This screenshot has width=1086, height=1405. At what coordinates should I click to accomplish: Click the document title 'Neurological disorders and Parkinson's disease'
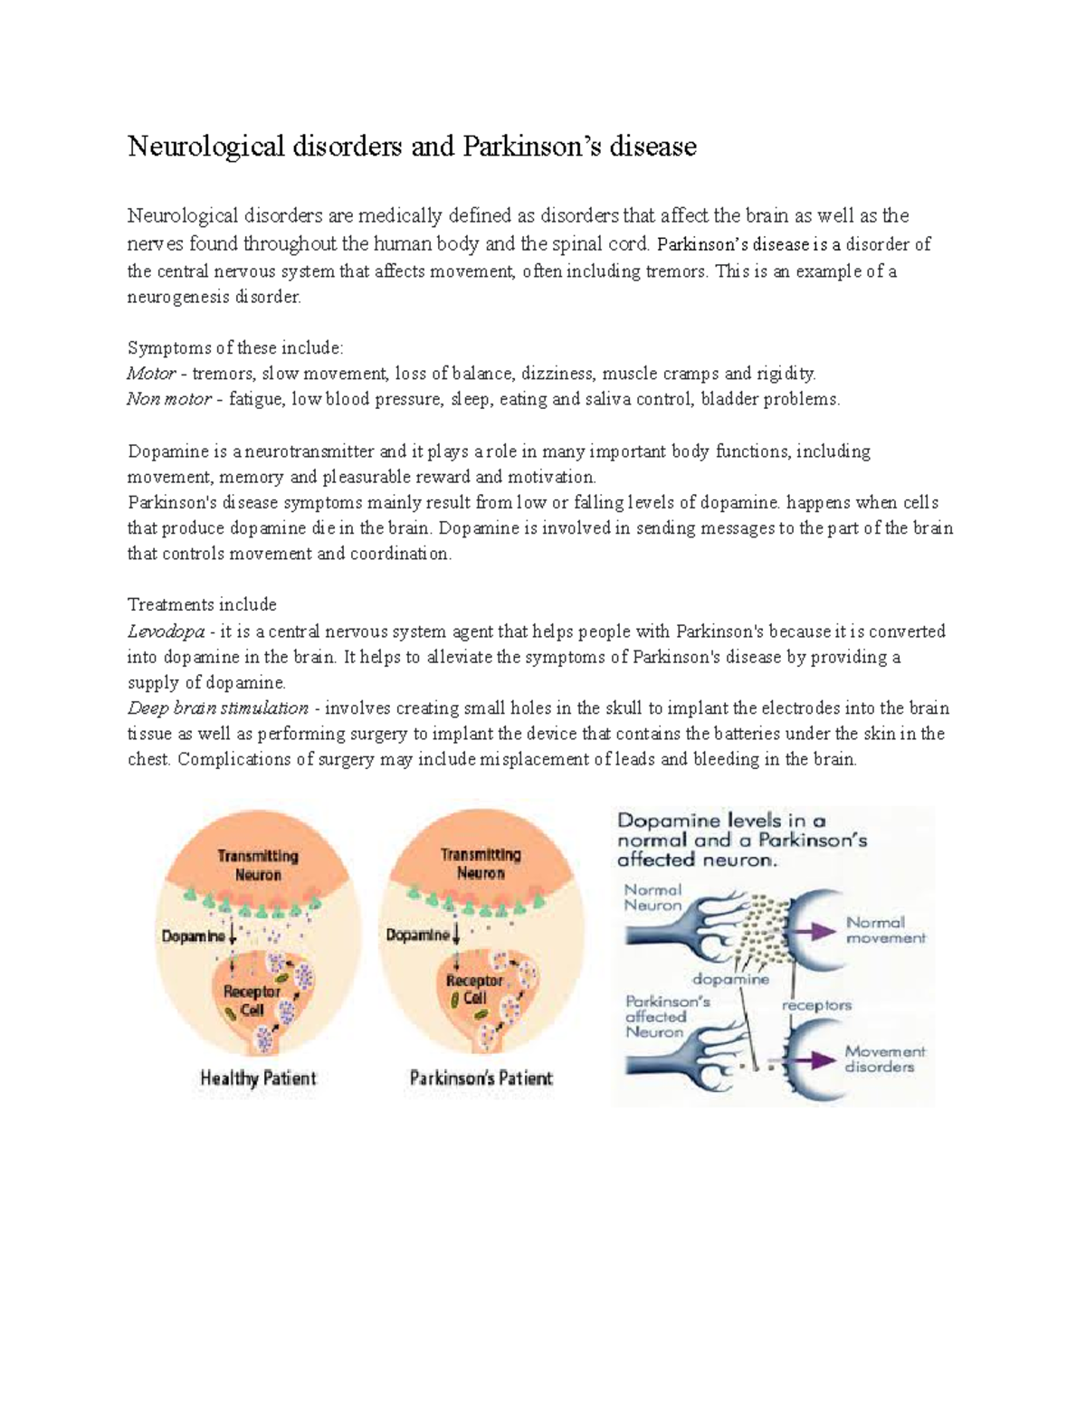pos(412,146)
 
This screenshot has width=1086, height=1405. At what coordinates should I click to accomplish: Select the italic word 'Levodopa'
pos(166,631)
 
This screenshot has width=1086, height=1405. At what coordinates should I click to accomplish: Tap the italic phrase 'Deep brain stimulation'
pos(217,707)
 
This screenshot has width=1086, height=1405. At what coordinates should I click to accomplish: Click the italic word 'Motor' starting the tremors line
pos(151,373)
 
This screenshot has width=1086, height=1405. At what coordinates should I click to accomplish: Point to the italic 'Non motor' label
pos(169,398)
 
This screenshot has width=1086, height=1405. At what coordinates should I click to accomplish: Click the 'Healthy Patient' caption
pos(258,1077)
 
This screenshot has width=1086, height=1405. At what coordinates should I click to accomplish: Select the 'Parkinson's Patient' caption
pos(481,1077)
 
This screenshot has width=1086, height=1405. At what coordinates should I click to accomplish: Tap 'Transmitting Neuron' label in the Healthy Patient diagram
pos(258,865)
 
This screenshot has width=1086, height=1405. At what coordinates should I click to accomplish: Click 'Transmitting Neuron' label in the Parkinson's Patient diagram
pos(481,864)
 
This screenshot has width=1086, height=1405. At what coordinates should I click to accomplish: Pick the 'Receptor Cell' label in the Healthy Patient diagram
pos(252,1000)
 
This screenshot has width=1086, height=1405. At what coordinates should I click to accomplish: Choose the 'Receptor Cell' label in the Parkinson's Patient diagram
pos(474,989)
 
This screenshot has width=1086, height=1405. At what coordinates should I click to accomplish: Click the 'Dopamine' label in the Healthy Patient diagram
pos(193,936)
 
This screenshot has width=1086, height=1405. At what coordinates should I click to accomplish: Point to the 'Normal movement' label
pos(885,930)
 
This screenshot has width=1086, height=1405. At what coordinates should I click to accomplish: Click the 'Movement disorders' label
pos(884,1058)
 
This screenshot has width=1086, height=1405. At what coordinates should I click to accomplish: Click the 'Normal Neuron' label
pos(653,897)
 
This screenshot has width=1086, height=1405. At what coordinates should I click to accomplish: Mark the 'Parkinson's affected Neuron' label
pos(656,1017)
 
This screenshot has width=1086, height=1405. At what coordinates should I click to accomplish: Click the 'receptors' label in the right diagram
pos(816,1005)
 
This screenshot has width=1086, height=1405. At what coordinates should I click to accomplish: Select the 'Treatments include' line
pos(202,604)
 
